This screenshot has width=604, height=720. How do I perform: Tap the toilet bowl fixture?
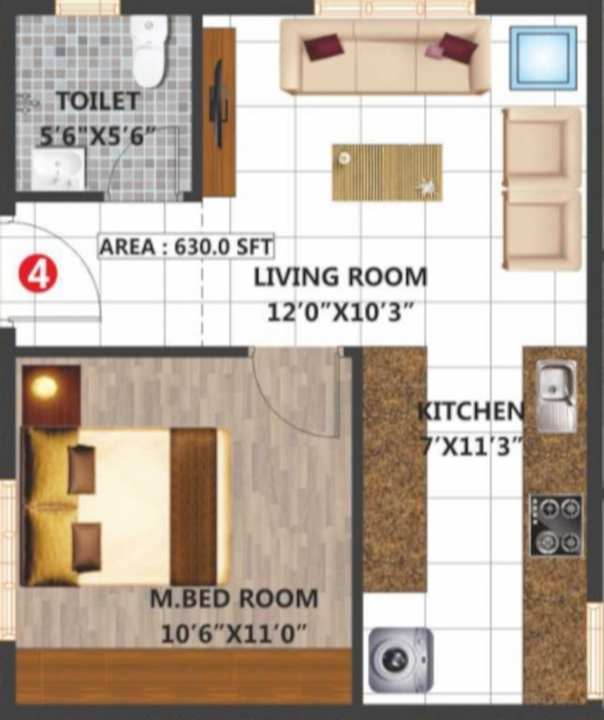149,52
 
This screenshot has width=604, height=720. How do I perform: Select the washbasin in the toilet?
59,170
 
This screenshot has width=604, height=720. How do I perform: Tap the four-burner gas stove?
555,525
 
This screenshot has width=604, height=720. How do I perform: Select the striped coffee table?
386,172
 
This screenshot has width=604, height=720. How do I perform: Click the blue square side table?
542,57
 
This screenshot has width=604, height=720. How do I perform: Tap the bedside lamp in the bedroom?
44,387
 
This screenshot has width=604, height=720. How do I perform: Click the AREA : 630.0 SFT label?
185,247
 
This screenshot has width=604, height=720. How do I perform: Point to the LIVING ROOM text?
341,277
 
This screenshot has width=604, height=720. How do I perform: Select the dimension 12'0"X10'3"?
341,312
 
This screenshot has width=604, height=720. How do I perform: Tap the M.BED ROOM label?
234,597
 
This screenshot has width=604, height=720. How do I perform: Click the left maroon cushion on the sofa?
323,46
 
